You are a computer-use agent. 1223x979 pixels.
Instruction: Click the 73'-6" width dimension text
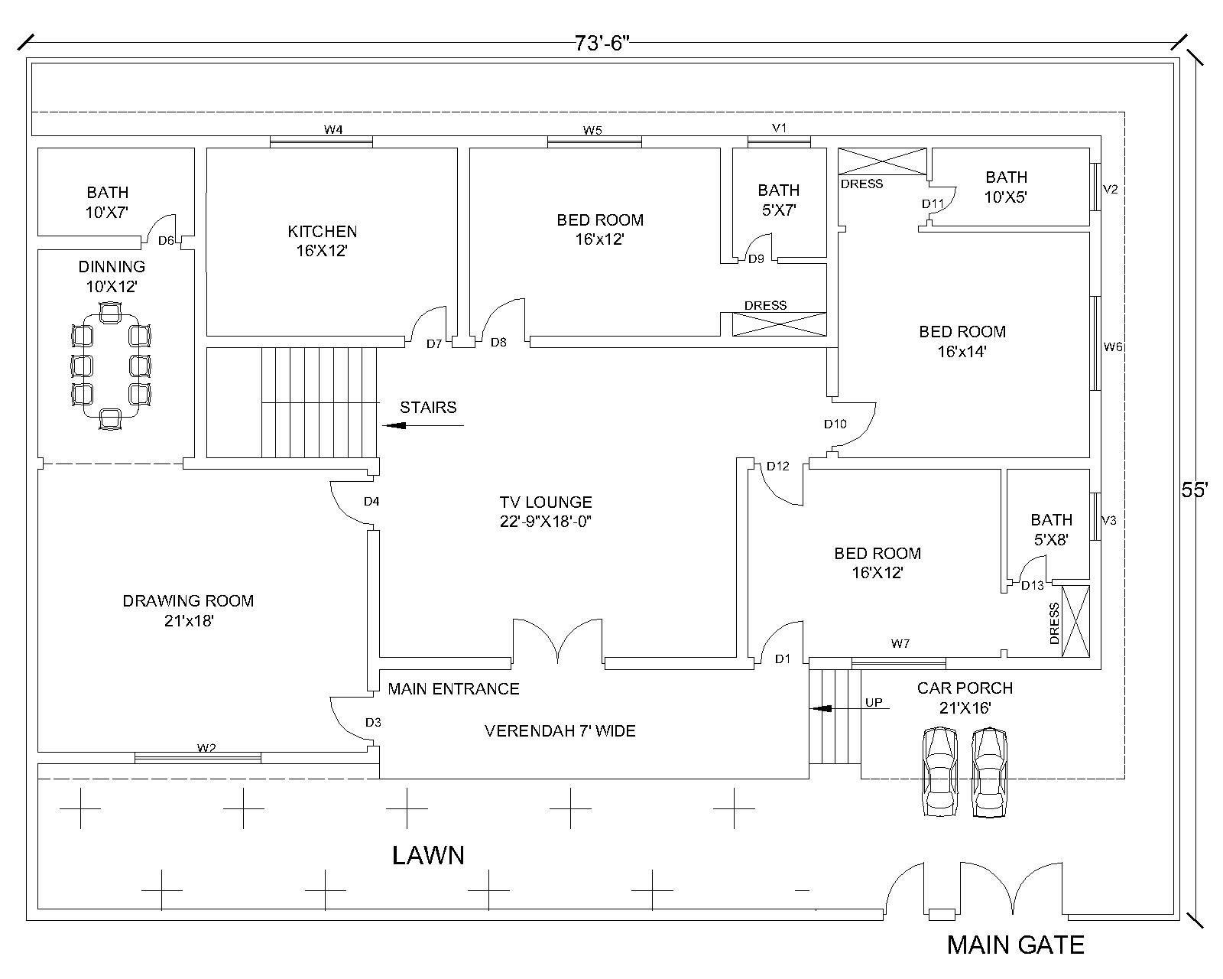click(602, 44)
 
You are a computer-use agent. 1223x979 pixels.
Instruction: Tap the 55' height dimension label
click(1194, 490)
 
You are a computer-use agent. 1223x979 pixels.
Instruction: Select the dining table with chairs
click(111, 366)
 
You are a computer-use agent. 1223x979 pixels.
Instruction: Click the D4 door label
click(371, 502)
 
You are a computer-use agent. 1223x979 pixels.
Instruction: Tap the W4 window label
click(333, 130)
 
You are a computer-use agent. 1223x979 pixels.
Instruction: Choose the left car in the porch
click(939, 772)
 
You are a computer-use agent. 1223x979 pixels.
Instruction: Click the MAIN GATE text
click(1015, 945)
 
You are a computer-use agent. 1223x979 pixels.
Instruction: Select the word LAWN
click(428, 855)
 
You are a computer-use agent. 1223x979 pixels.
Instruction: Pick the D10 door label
click(835, 424)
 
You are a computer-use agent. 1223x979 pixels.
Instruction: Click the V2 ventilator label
click(1111, 190)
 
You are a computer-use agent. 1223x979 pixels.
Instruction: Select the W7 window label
click(900, 644)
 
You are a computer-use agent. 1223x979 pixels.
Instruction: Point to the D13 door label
click(1032, 586)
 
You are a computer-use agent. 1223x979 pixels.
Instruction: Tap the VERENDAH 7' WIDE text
click(560, 731)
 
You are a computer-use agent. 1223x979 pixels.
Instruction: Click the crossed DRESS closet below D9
click(780, 324)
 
